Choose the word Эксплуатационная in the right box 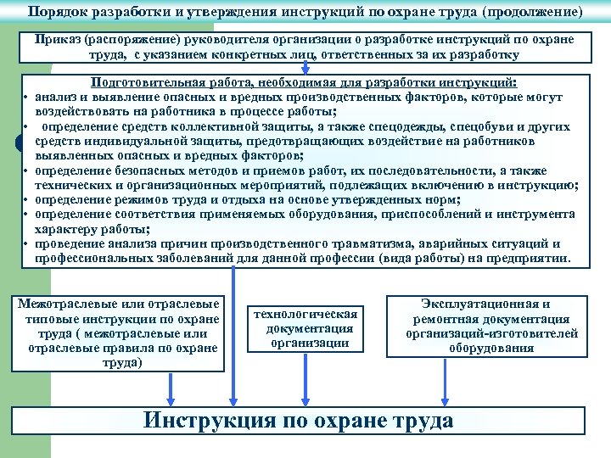click(x=485, y=304)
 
